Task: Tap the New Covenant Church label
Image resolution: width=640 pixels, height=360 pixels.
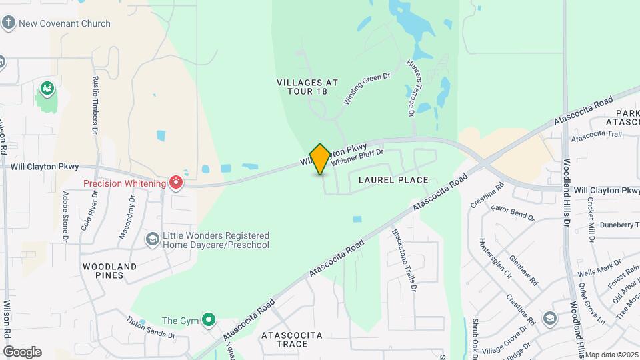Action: (x=65, y=23)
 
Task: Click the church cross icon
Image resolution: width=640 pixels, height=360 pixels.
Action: (x=9, y=23)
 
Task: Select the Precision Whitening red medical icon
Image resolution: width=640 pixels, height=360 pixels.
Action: (x=176, y=182)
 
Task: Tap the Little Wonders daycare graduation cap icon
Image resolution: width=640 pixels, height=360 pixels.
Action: (x=152, y=239)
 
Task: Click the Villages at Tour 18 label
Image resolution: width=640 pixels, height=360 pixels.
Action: (x=307, y=87)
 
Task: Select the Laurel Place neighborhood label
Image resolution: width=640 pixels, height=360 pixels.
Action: (x=393, y=180)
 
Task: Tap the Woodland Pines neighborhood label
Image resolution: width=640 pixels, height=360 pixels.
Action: (x=109, y=271)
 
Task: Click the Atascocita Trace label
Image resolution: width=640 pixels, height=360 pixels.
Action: (x=292, y=339)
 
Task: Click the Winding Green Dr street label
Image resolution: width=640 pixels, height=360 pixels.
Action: (x=366, y=89)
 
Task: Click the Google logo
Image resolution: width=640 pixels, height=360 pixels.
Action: (x=22, y=352)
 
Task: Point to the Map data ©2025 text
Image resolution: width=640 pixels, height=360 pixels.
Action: (x=611, y=355)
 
